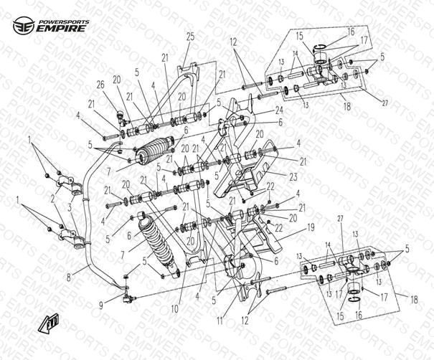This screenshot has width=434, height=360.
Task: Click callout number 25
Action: click(190, 36)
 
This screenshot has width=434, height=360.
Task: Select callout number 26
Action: click(100, 84)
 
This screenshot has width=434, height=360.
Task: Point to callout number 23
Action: click(273, 176)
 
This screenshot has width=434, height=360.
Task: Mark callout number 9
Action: click(102, 304)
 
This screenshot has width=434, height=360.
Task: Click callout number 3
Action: click(70, 207)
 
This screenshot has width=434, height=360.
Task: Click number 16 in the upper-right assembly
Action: click(351, 32)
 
